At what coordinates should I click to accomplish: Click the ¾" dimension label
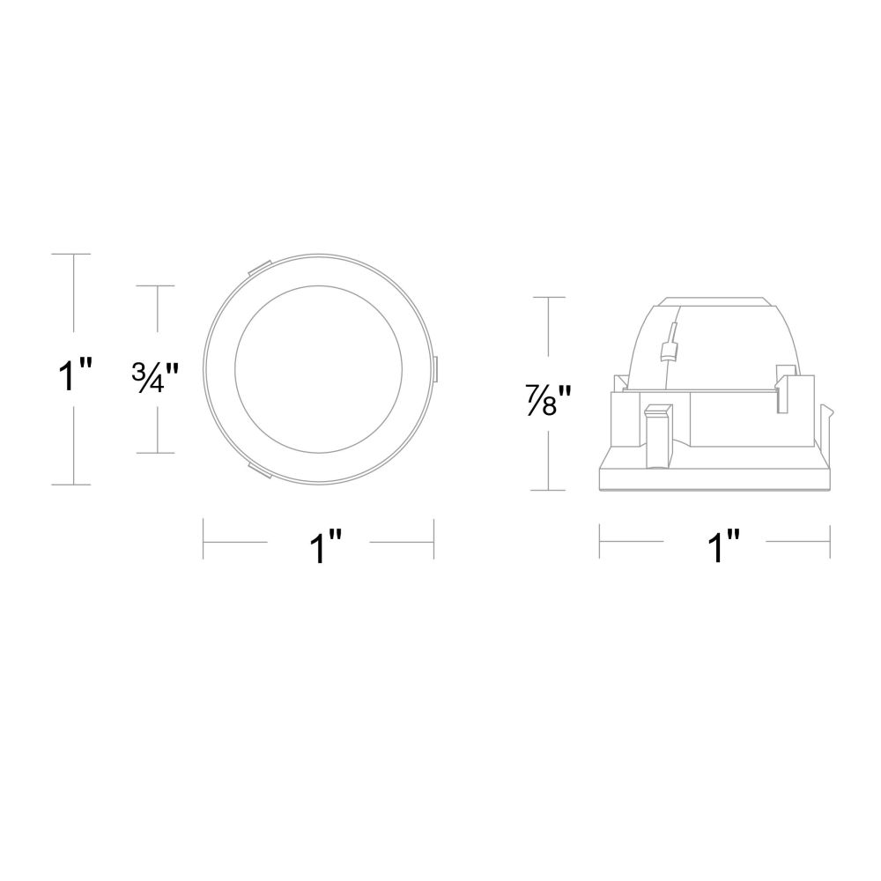[x=155, y=378]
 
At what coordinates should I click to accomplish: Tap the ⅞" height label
[x=548, y=398]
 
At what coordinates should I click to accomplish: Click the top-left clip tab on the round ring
[x=258, y=267]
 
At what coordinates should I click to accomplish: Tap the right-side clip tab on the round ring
[x=435, y=369]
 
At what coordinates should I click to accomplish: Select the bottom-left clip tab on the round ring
[x=258, y=470]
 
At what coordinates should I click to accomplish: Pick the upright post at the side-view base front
[x=658, y=435]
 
